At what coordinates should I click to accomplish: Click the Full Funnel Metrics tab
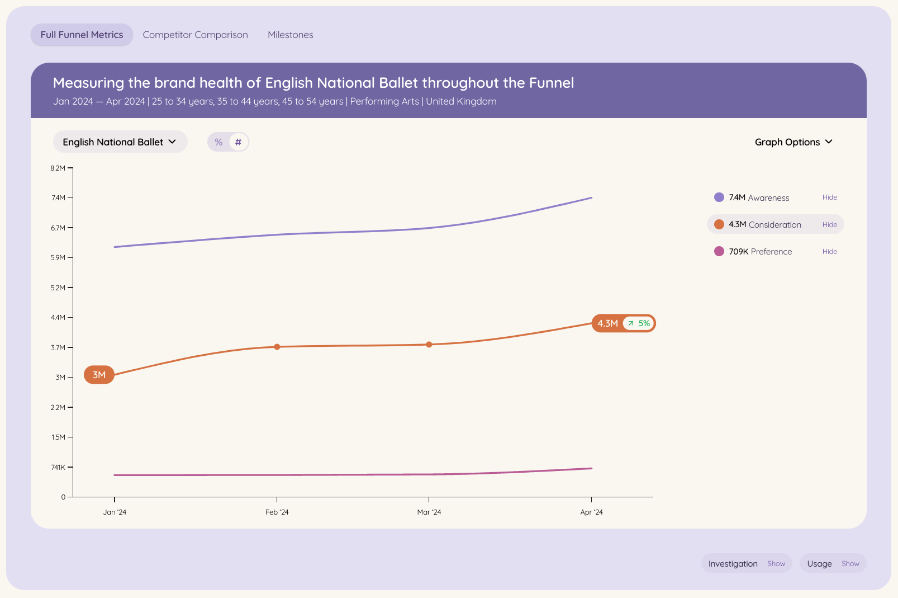(82, 35)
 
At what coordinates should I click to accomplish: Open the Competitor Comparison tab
(195, 35)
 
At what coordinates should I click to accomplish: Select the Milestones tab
(290, 35)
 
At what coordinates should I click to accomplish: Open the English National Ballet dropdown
(120, 142)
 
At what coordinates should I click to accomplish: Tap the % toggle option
(218, 142)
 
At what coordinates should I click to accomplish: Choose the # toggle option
(238, 142)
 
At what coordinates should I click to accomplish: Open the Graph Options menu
(794, 142)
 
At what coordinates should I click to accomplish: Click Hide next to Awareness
(829, 197)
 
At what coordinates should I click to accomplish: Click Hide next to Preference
(829, 251)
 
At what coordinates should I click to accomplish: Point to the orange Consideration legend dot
(719, 224)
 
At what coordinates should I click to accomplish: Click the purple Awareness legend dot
(719, 197)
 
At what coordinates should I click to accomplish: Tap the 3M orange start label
(99, 375)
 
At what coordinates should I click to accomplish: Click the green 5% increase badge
(639, 323)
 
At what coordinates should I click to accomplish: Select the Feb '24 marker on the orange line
(277, 347)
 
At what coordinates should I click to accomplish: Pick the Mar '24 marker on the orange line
(429, 345)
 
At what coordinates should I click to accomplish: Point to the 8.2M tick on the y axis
(70, 168)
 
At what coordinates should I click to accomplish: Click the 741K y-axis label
(58, 467)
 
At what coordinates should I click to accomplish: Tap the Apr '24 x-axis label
(591, 512)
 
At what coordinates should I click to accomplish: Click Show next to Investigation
(776, 563)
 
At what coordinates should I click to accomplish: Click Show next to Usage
(851, 563)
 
